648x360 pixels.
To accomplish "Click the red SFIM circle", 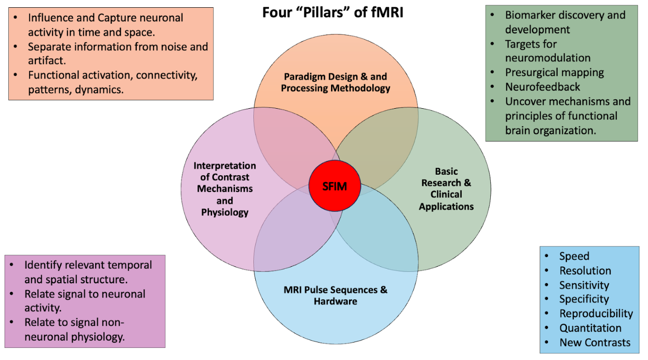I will (x=334, y=186).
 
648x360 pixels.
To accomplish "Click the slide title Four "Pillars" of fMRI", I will (x=332, y=12).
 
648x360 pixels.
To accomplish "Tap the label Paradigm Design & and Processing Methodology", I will (x=335, y=82).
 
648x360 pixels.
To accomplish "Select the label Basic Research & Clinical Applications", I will (x=446, y=189).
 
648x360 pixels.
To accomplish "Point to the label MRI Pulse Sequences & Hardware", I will (x=335, y=295).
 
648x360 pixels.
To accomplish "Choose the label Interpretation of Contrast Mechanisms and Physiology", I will (x=225, y=189).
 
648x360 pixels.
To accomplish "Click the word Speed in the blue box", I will (x=574, y=256).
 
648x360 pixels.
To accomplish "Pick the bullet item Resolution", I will (x=585, y=271).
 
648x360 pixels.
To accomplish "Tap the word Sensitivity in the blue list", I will (x=584, y=285).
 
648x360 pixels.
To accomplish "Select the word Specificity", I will (x=583, y=299).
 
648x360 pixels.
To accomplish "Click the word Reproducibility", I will (x=596, y=314).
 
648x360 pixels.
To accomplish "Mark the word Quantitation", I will (x=590, y=328).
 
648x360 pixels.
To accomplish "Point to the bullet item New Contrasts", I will (x=595, y=343).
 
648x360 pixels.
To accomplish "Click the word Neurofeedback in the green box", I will (x=543, y=87).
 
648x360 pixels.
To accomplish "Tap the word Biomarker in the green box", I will (x=529, y=15).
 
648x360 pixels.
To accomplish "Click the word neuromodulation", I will (x=548, y=58).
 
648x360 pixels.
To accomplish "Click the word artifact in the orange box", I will (x=45, y=61).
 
